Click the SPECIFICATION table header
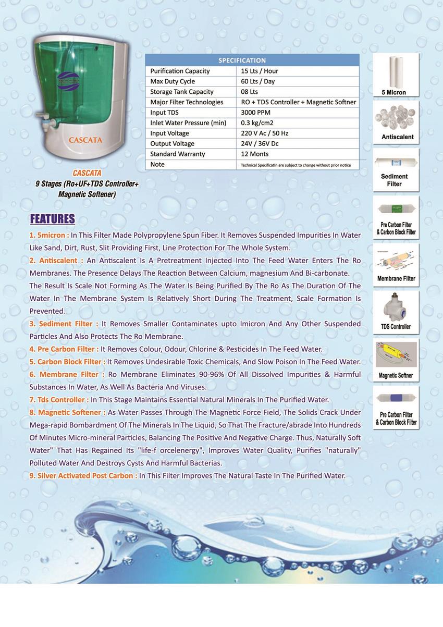[242, 60]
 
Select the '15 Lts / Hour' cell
[260, 71]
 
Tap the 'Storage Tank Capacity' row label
[175, 92]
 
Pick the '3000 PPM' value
[256, 113]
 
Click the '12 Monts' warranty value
[255, 154]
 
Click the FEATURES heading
[53, 218]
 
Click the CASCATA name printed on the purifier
[85, 140]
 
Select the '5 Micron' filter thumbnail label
[393, 93]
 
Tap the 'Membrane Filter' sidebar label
[396, 278]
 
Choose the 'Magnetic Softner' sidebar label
[396, 375]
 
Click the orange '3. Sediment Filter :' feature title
[64, 324]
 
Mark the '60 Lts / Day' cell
[258, 81]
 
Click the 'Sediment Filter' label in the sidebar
[395, 180]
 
